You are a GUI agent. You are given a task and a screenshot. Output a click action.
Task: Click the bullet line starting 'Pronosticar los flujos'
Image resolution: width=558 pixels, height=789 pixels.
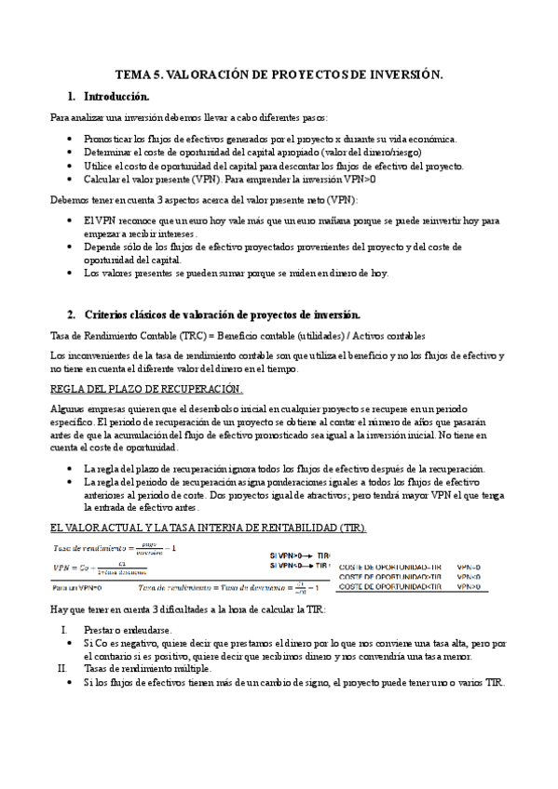pos(269,139)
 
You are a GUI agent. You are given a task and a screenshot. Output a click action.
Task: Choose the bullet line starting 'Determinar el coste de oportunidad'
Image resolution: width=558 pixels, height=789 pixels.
pos(252,152)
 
